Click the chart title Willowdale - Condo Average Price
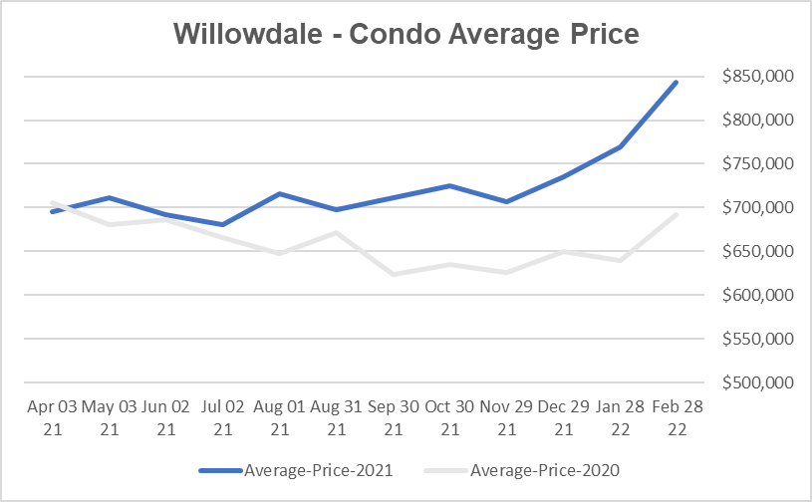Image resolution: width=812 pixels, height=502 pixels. [406, 33]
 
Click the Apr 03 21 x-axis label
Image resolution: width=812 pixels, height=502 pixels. [51, 417]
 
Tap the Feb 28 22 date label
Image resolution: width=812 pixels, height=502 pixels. [677, 417]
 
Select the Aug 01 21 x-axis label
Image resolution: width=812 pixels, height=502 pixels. [279, 417]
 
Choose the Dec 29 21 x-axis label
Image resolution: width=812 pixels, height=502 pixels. [563, 417]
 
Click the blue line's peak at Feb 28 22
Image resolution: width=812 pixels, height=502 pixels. [677, 82]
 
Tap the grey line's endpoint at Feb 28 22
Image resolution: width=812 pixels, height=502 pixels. [677, 215]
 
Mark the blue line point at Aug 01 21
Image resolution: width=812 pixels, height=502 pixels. [279, 193]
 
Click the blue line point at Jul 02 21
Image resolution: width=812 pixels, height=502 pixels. [222, 224]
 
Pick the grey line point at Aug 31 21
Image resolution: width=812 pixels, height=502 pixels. [336, 233]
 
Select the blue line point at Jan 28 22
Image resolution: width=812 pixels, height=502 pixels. [620, 146]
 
